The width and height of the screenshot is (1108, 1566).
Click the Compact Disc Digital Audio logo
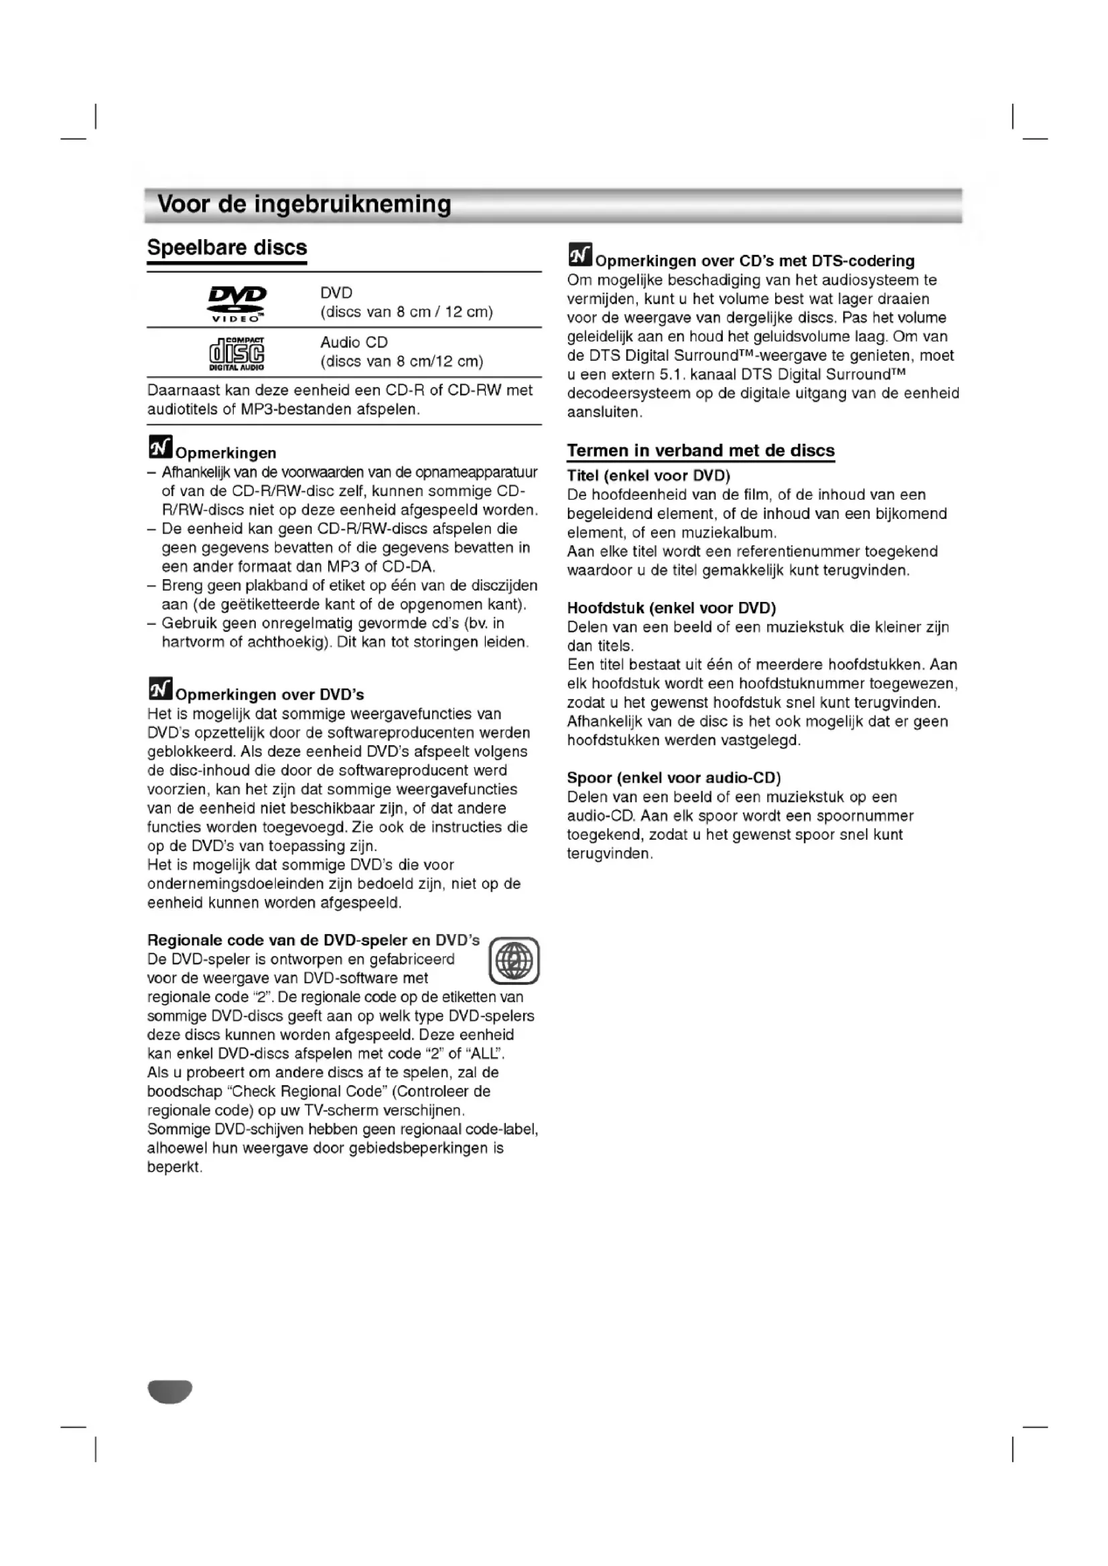click(236, 354)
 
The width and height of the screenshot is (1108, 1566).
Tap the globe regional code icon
click(514, 960)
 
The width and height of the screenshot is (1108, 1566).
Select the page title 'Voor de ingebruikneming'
click(304, 204)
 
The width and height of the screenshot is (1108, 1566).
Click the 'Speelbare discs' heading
click(227, 247)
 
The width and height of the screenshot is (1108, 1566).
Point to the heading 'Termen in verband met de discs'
click(701, 450)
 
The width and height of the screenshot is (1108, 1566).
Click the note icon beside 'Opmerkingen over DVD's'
click(160, 689)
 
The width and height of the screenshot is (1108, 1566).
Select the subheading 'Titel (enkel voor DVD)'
click(648, 475)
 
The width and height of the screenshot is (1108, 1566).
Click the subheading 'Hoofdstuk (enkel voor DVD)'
click(671, 608)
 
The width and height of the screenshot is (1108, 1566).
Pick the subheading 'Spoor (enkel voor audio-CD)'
click(673, 777)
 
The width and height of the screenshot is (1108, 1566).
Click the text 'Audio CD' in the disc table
click(354, 342)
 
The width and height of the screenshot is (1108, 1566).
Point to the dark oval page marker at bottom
click(170, 1391)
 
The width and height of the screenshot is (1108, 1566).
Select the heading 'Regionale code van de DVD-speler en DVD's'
click(313, 940)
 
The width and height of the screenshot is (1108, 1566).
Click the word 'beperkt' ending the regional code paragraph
click(174, 1167)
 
